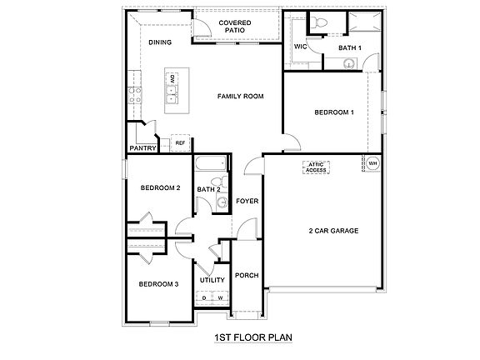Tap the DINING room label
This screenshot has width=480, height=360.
pyautogui.click(x=160, y=42)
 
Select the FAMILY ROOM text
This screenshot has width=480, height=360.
pyautogui.click(x=240, y=97)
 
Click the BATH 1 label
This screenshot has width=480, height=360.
pyautogui.click(x=350, y=48)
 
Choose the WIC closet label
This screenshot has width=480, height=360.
pyautogui.click(x=300, y=47)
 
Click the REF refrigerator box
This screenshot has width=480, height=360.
pyautogui.click(x=179, y=143)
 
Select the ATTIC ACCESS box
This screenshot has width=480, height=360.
pyautogui.click(x=316, y=167)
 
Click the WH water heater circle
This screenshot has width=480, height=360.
pyautogui.click(x=372, y=164)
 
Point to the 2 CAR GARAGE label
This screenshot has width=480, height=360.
pyautogui.click(x=333, y=231)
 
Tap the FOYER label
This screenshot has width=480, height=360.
pyautogui.click(x=246, y=201)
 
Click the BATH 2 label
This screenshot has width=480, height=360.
pyautogui.click(x=208, y=190)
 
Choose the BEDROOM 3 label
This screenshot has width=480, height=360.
pyautogui.click(x=158, y=284)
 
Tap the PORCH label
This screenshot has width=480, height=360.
pyautogui.click(x=246, y=276)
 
